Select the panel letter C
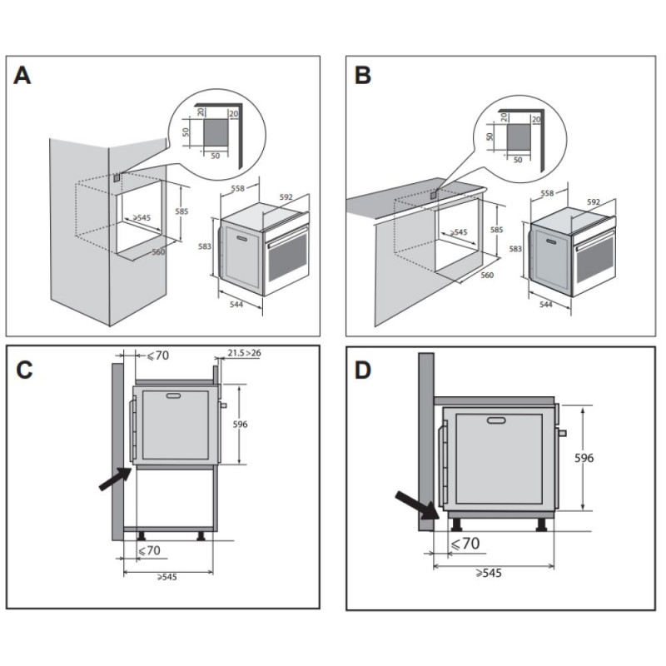point(26,370)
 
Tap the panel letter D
point(363,370)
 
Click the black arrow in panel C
point(115,480)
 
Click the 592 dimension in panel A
point(286,197)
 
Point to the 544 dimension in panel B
point(546,305)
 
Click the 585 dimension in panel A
point(181,211)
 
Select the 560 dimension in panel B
point(488,275)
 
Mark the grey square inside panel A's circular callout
point(216,132)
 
